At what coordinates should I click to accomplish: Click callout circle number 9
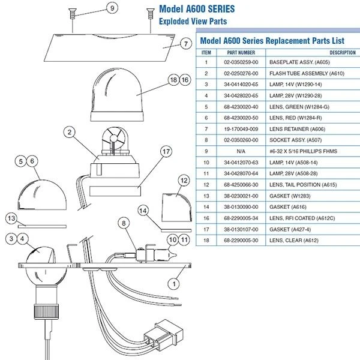point(111,8)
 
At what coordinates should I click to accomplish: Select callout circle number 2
point(70,132)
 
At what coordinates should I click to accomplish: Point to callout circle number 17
point(166,152)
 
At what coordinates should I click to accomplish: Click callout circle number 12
point(184,180)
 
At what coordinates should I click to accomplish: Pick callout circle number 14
point(143,211)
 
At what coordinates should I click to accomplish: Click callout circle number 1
point(175,280)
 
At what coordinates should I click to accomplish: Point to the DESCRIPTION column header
point(343,52)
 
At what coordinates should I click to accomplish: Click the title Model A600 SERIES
point(197,9)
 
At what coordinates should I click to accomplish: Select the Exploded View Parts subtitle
point(193,22)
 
